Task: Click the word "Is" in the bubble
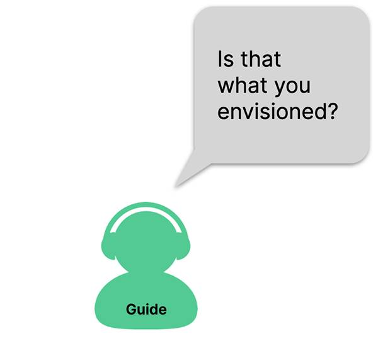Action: (x=226, y=59)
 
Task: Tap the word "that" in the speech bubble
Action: (x=261, y=59)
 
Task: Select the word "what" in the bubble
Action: (x=243, y=85)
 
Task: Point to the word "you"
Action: (x=293, y=88)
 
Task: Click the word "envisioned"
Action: (x=272, y=112)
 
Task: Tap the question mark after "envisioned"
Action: (x=333, y=112)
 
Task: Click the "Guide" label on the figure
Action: (x=146, y=309)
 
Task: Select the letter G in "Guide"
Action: (x=132, y=310)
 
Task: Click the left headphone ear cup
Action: (x=108, y=247)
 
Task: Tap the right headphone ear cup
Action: (x=183, y=247)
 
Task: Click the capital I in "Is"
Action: (x=219, y=59)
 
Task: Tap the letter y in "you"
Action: (x=281, y=89)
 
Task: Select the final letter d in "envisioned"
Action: (x=321, y=112)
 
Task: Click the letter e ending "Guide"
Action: (x=163, y=311)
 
